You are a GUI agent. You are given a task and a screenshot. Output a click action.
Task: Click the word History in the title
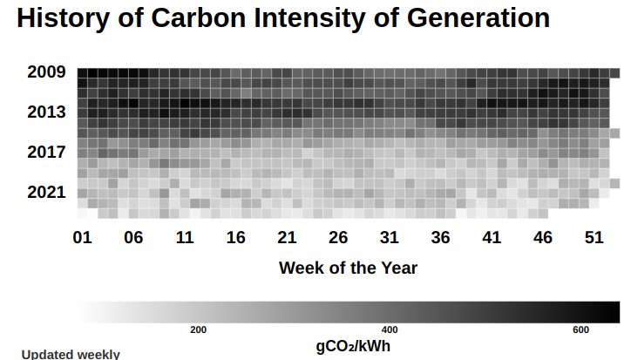[x=63, y=18]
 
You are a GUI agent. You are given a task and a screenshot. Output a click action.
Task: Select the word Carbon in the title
[x=198, y=18]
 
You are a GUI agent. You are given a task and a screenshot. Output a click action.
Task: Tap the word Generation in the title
[x=478, y=18]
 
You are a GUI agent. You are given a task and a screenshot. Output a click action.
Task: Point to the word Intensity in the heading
[x=309, y=18]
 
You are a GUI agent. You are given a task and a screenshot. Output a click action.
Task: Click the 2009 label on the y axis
[x=46, y=72]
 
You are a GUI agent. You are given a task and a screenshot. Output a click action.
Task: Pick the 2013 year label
[x=46, y=112]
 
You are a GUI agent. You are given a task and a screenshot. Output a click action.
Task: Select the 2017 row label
[x=46, y=153]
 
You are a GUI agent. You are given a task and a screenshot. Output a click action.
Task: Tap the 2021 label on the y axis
[x=46, y=192]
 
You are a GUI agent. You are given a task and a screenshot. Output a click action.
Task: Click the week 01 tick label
[x=83, y=238]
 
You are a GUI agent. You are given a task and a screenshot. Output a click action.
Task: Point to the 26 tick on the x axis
[x=338, y=238]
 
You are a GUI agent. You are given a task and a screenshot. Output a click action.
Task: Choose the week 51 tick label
[x=594, y=238]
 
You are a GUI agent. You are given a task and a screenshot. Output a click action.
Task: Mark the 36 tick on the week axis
[x=440, y=238]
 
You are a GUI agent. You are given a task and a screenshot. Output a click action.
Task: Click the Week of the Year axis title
[x=348, y=268]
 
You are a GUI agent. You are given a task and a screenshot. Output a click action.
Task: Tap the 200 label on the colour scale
[x=199, y=329]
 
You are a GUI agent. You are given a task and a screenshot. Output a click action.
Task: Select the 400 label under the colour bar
[x=390, y=329]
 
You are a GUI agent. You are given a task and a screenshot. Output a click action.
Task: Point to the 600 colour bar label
[x=580, y=329]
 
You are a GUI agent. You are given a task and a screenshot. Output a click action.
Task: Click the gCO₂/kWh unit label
[x=353, y=346]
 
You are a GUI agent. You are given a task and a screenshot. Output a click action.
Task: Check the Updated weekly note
[x=71, y=355]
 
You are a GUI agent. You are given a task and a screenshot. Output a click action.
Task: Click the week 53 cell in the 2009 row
[x=614, y=73]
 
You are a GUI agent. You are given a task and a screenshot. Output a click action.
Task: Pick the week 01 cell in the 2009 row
[x=83, y=73]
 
